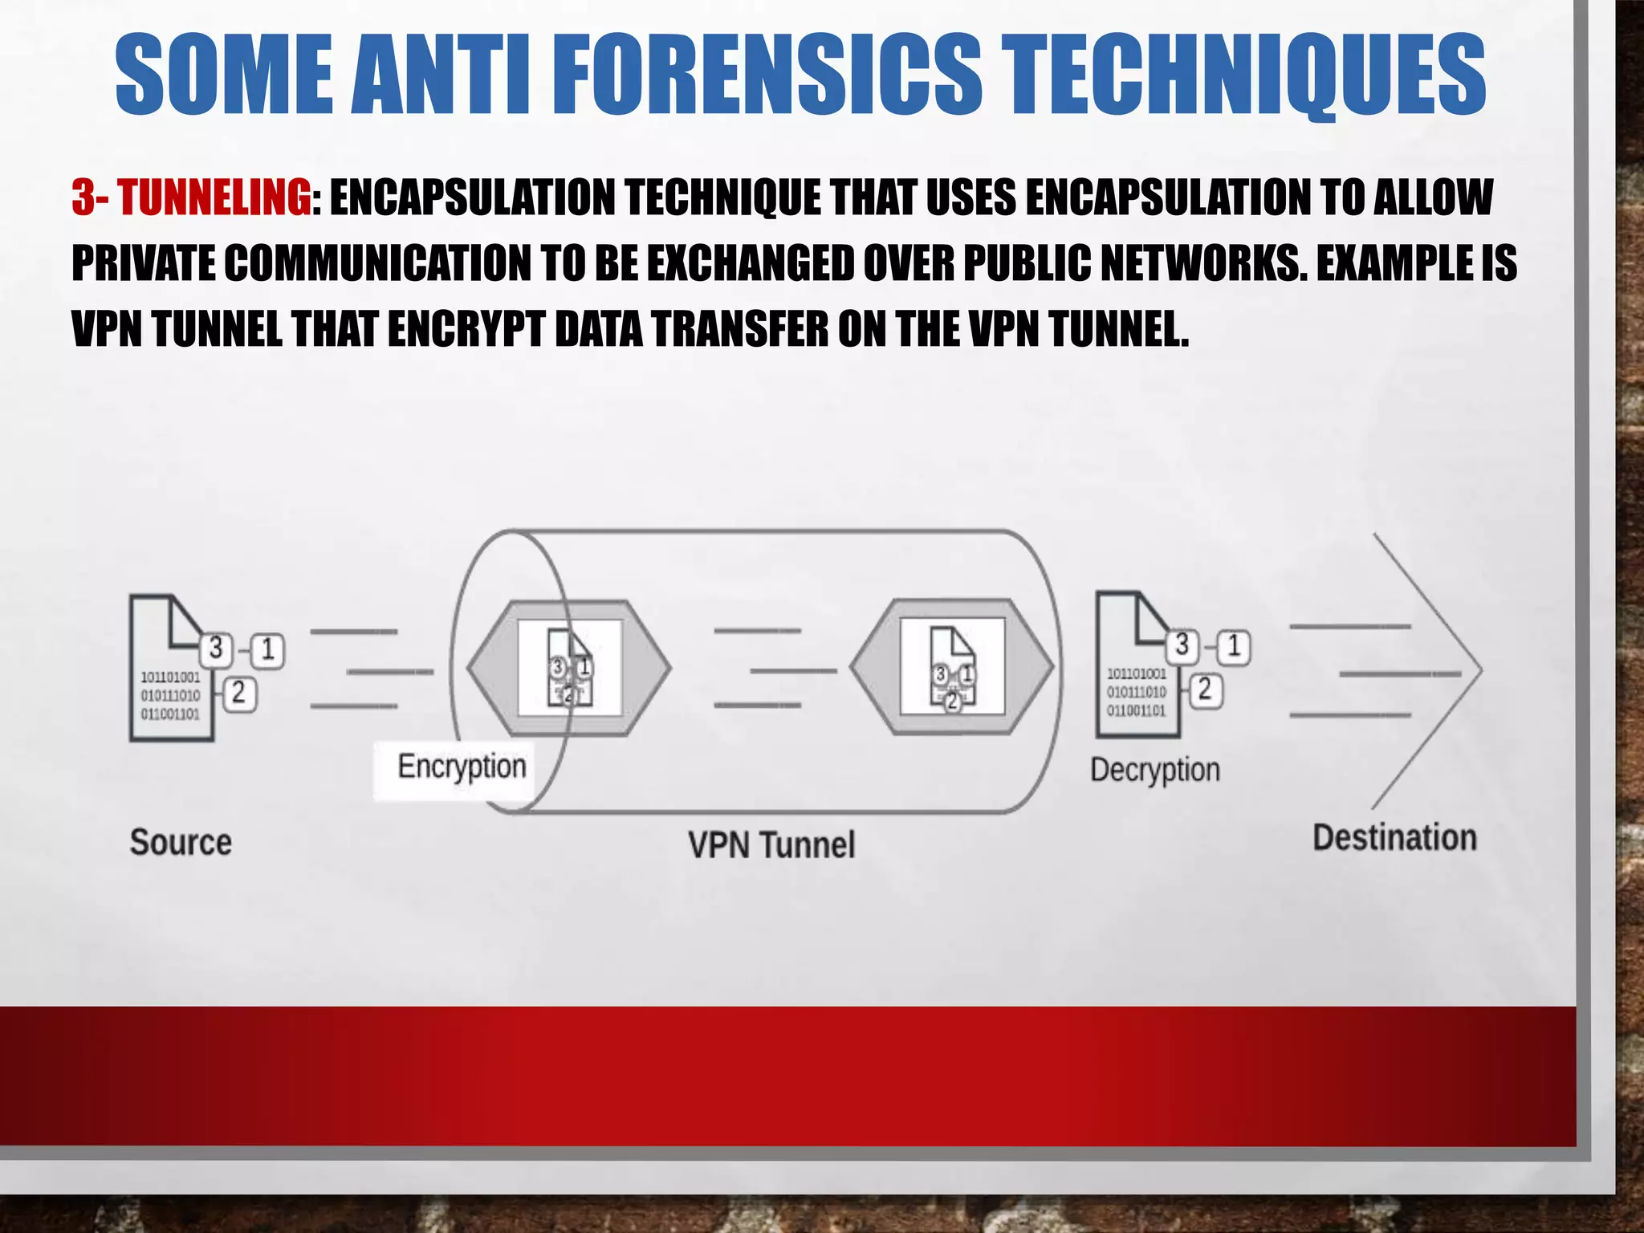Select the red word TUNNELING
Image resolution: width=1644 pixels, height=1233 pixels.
click(x=214, y=197)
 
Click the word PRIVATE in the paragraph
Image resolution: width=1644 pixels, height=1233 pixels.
click(x=143, y=263)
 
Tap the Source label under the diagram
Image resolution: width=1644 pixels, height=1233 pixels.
click(x=181, y=842)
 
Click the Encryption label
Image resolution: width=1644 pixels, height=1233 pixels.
click(x=462, y=767)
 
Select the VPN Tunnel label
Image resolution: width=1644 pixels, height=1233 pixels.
click(x=771, y=845)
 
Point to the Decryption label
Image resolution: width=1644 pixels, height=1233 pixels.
click(x=1154, y=770)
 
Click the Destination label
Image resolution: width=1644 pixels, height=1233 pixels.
click(x=1394, y=837)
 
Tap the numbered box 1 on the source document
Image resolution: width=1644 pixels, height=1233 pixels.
click(x=268, y=650)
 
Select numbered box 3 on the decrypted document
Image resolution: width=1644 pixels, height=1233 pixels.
click(x=1182, y=645)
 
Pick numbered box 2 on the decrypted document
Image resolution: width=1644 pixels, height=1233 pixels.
click(x=1204, y=690)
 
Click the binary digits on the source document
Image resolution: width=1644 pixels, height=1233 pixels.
click(x=170, y=695)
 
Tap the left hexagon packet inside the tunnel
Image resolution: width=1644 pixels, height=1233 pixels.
click(x=569, y=668)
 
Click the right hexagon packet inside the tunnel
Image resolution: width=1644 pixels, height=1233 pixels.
click(x=952, y=668)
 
